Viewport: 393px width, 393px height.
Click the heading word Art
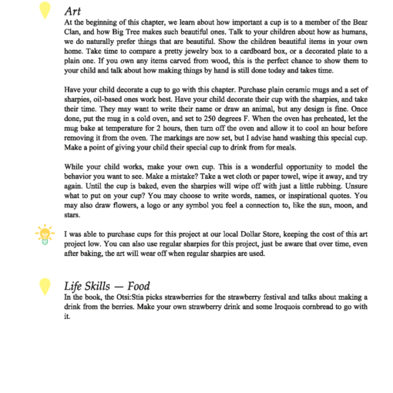pos(73,11)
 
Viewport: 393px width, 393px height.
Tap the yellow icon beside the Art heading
pos(45,9)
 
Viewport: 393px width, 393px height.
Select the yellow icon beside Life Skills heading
pos(45,285)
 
